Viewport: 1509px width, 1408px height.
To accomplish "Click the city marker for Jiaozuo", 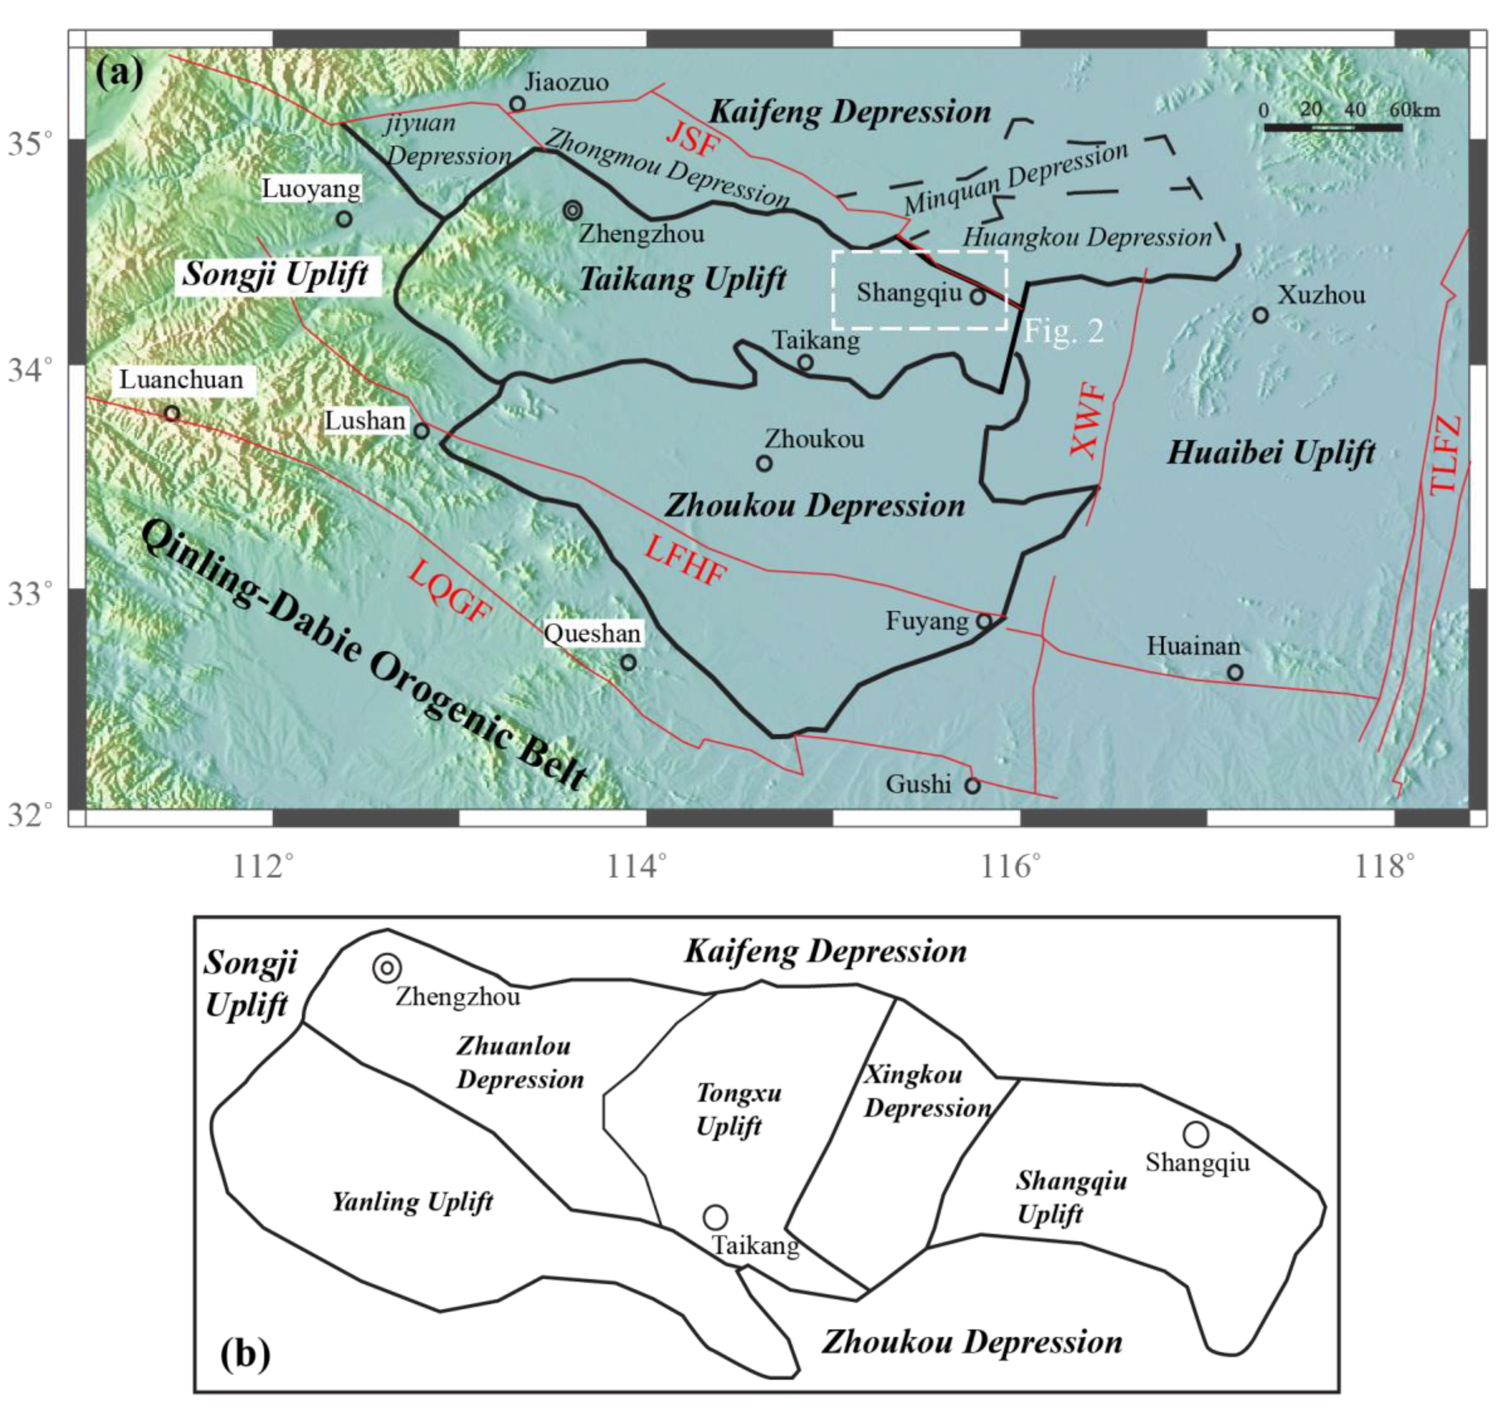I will [517, 104].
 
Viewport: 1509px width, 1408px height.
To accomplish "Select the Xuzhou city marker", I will [1260, 314].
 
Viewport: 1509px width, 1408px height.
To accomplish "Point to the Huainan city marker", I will [1235, 672].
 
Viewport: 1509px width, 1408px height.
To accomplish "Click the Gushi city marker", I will [972, 785].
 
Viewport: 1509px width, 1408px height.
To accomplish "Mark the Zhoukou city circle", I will [765, 463].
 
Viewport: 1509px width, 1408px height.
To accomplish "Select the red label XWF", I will [1088, 421].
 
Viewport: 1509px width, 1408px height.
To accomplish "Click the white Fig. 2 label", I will [1063, 332].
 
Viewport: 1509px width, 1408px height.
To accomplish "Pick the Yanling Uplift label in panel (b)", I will [412, 1202].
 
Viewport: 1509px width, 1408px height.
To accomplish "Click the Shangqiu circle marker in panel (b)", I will [1196, 1134].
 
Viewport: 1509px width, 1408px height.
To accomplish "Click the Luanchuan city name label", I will [182, 379].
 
